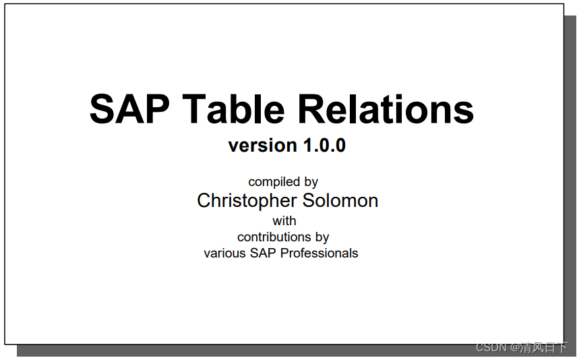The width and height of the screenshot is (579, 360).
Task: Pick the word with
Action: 284,220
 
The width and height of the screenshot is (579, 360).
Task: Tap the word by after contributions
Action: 322,237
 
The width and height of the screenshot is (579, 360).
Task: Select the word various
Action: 224,253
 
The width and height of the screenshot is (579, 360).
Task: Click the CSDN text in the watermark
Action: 491,347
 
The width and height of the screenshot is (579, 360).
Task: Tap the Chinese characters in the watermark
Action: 543,347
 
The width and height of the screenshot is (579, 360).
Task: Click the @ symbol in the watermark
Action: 514,347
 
